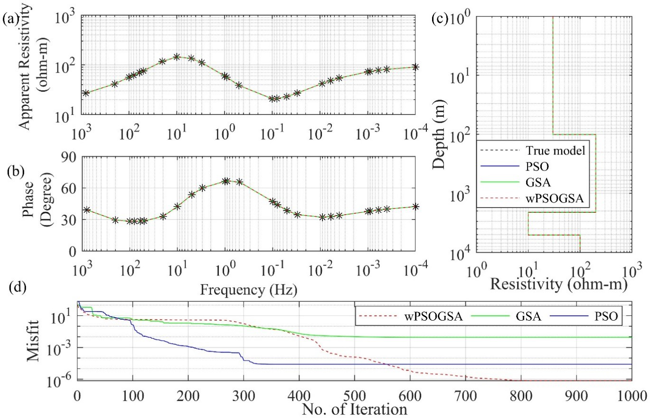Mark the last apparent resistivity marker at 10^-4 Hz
[x=415, y=67]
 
